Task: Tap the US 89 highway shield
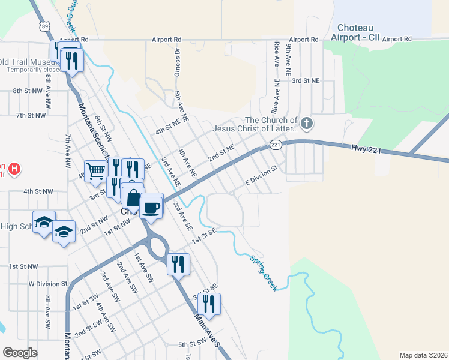pos(44,26)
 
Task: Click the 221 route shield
pos(276,145)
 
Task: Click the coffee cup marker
pos(151,207)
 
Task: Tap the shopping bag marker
pos(133,198)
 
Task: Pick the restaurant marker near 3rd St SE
pos(209,304)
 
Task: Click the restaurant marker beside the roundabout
pos(178,264)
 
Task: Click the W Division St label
pos(48,283)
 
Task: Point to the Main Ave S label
pos(208,330)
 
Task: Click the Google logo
pos(20,353)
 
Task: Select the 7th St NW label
pos(31,115)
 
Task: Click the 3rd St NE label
pos(306,80)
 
